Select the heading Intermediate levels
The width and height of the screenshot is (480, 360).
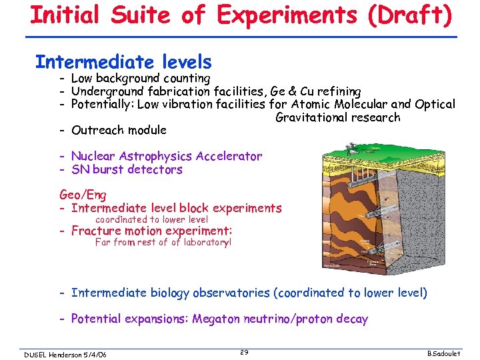(123, 63)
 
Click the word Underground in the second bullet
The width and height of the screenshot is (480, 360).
(107, 91)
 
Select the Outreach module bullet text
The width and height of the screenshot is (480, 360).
(119, 130)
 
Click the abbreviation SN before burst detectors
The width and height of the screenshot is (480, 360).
(81, 169)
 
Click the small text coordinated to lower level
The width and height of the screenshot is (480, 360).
(152, 219)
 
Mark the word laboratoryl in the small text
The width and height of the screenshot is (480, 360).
(207, 243)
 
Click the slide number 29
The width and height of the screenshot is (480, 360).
(244, 352)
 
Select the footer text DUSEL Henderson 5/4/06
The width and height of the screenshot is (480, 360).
(65, 353)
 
